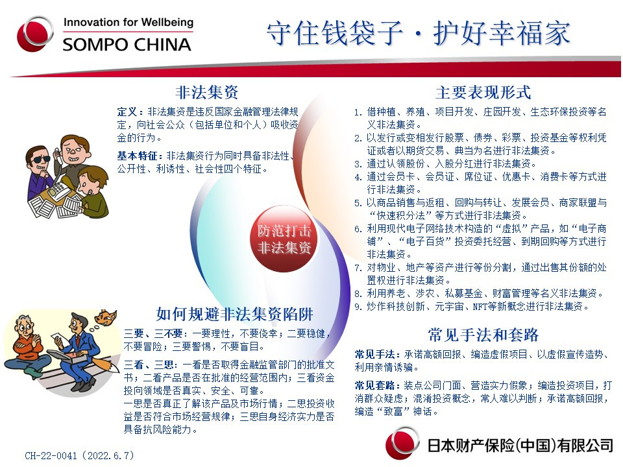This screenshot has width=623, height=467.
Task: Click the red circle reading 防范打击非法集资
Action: click(284, 239)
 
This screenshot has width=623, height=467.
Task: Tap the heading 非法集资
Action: click(207, 93)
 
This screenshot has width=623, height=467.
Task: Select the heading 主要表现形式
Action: click(483, 93)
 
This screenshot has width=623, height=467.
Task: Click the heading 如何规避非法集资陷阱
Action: click(234, 314)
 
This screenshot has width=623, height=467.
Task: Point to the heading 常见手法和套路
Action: click(483, 335)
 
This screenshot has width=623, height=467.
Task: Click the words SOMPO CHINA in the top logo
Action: click(127, 45)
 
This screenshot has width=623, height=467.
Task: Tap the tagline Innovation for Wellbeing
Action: click(128, 22)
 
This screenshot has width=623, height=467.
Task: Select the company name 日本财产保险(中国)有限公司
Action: click(520, 446)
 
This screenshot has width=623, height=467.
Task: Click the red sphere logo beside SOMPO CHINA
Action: click(34, 34)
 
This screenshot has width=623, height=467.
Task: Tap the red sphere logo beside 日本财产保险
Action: click(402, 443)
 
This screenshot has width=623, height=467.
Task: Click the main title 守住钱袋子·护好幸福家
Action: click(419, 33)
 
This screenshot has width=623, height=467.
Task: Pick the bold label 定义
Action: click(127, 112)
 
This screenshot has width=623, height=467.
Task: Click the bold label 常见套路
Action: click(374, 385)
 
